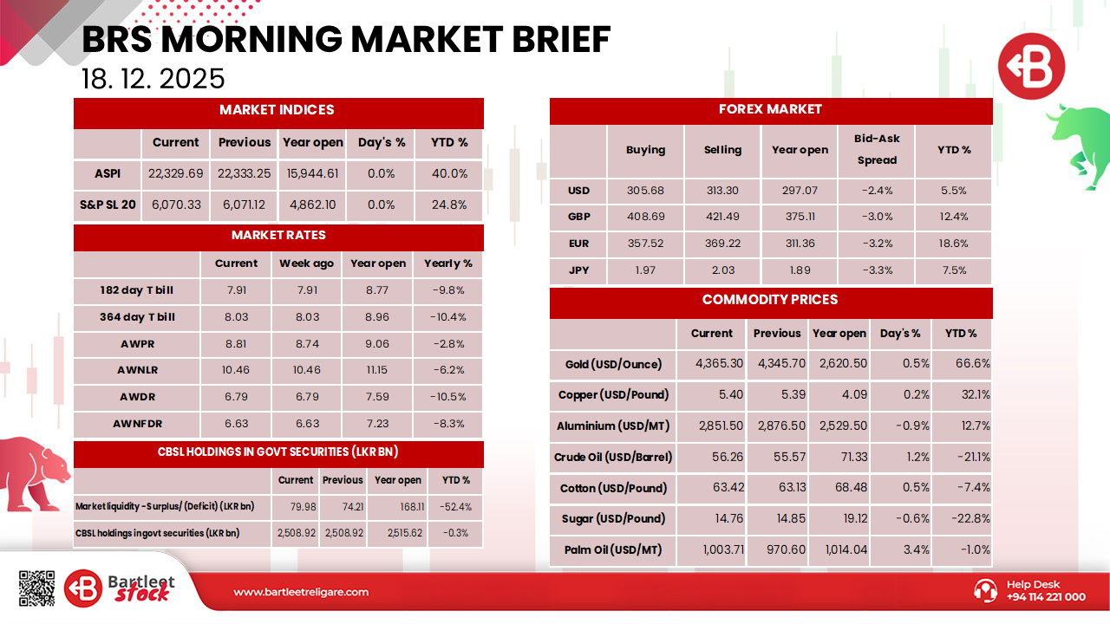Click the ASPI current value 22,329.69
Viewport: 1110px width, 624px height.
tap(175, 173)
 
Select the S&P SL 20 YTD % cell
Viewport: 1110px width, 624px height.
tap(449, 205)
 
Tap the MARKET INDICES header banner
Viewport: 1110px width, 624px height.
tap(277, 110)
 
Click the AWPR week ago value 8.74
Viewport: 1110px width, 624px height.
tap(307, 343)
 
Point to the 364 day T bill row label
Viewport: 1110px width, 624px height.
tap(137, 317)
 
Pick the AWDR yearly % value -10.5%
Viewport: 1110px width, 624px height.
tap(448, 397)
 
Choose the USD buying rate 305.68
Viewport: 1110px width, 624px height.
tap(645, 191)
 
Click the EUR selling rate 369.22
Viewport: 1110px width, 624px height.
tap(722, 244)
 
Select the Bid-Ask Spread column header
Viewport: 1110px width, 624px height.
tap(877, 149)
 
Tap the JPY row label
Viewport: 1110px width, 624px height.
tap(578, 270)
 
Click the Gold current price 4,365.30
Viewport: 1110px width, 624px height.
tap(719, 364)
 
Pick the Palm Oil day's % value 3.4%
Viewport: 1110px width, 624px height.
tap(903, 550)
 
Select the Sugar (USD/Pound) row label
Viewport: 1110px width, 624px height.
tap(613, 519)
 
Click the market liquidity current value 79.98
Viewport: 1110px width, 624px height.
tap(296, 507)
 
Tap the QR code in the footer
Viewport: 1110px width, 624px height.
tap(36, 588)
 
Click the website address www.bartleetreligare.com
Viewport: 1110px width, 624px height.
tap(301, 592)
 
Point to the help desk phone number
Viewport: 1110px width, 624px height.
tap(1045, 596)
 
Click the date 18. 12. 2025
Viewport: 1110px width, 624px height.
tap(153, 79)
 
